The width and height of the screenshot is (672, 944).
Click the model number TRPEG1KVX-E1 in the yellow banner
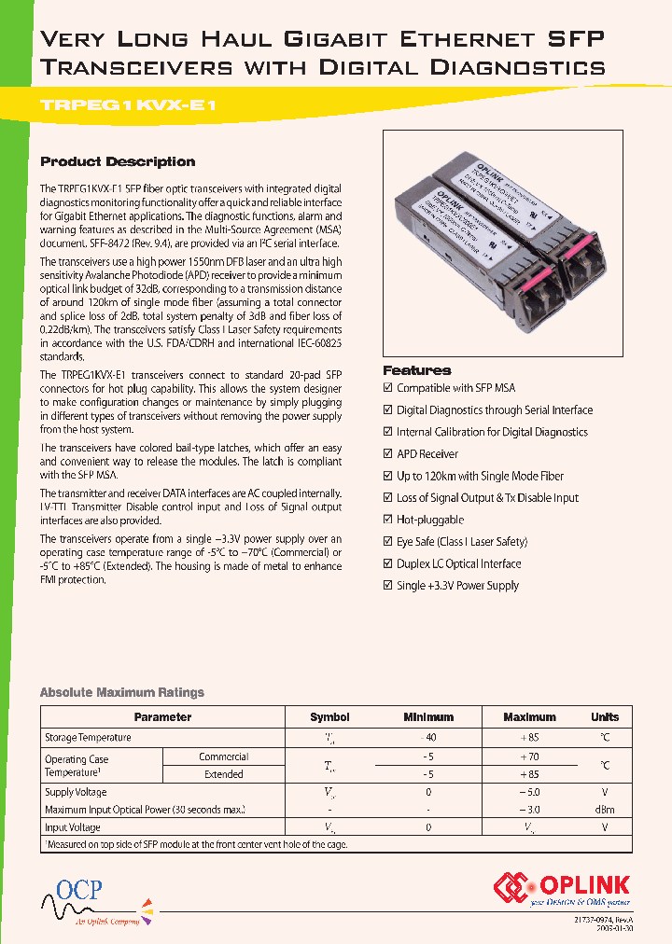click(x=130, y=104)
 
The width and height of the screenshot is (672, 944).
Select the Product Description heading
click(x=118, y=161)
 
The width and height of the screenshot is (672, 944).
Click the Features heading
click(x=416, y=369)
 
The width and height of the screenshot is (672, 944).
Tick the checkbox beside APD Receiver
click(x=388, y=454)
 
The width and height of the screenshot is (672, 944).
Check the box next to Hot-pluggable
click(x=388, y=521)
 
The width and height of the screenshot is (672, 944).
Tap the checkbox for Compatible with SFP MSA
click(x=388, y=388)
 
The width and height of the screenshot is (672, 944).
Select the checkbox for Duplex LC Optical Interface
click(x=388, y=564)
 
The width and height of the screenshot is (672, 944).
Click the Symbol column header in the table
click(x=329, y=717)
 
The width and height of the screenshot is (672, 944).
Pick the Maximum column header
click(x=529, y=717)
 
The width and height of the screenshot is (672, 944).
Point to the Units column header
click(x=604, y=717)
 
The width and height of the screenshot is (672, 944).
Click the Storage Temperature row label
click(x=88, y=738)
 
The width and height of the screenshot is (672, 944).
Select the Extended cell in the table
click(x=223, y=774)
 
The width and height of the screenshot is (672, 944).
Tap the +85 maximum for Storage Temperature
click(x=529, y=738)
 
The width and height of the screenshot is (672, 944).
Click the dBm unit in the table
click(x=604, y=810)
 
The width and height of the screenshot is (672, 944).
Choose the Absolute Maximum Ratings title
click(x=121, y=692)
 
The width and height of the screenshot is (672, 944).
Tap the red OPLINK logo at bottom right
click(x=562, y=887)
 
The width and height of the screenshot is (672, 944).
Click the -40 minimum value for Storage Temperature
click(x=427, y=738)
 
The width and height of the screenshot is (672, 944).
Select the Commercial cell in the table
click(x=223, y=757)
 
